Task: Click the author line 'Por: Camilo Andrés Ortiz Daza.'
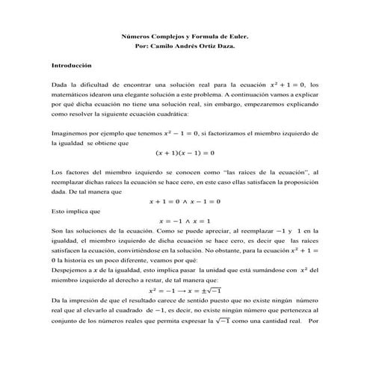(x=185, y=46)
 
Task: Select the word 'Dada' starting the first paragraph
(x=59, y=85)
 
